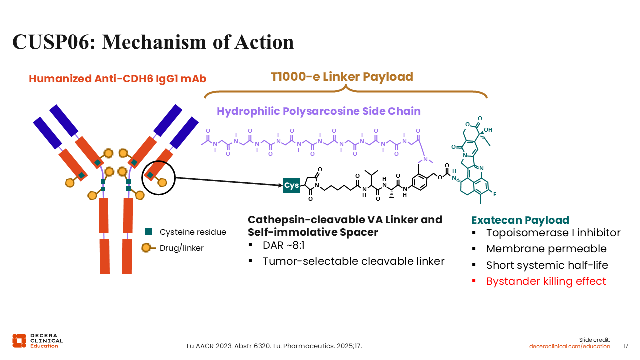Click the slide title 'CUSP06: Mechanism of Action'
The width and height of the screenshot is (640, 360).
153,42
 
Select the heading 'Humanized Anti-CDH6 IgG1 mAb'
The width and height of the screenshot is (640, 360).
117,79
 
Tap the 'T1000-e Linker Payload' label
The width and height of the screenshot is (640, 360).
342,77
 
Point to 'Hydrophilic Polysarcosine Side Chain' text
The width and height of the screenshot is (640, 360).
319,111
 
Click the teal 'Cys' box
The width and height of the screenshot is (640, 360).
291,186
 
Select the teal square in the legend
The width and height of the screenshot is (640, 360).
148,232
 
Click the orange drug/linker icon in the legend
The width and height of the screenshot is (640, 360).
147,247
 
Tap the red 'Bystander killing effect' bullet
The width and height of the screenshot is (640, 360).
546,281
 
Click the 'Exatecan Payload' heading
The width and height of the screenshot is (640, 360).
520,220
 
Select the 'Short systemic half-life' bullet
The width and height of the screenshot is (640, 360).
547,265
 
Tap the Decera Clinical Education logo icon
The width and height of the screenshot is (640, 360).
19,340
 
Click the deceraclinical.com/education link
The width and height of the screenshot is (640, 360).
570,346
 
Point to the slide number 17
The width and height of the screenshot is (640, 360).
626,346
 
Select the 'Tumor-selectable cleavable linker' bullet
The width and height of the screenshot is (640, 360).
353,261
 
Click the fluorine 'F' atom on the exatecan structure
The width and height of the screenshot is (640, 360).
494,193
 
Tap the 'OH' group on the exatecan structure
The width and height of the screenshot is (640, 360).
488,130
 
